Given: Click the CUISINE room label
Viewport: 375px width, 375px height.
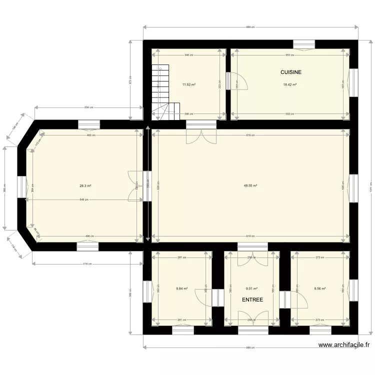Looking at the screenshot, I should coord(290,72).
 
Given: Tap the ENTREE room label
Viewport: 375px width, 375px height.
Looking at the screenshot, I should coord(252,300).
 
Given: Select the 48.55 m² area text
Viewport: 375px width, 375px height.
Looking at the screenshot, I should coord(250,185).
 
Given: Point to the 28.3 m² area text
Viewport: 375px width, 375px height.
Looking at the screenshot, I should coord(85,185).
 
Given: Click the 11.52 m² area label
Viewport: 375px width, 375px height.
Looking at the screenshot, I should coord(188,84).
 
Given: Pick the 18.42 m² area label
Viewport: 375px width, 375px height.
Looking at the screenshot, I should coord(290,84).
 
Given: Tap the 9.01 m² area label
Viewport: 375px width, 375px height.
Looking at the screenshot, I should coord(251,288).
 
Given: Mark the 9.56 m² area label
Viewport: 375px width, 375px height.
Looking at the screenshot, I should coord(319,288).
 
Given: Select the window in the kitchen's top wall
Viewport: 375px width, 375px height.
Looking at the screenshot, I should coord(304,45).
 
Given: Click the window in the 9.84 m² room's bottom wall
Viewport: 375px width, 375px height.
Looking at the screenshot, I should coord(183,330).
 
